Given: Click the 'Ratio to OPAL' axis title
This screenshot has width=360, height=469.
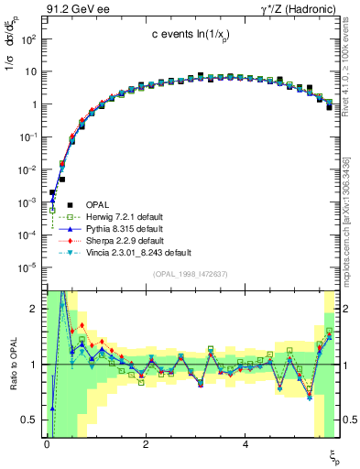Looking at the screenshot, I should (12, 364).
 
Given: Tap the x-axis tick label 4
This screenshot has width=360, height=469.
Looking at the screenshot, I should (245, 445).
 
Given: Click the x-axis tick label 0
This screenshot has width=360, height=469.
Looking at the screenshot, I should (47, 445).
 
